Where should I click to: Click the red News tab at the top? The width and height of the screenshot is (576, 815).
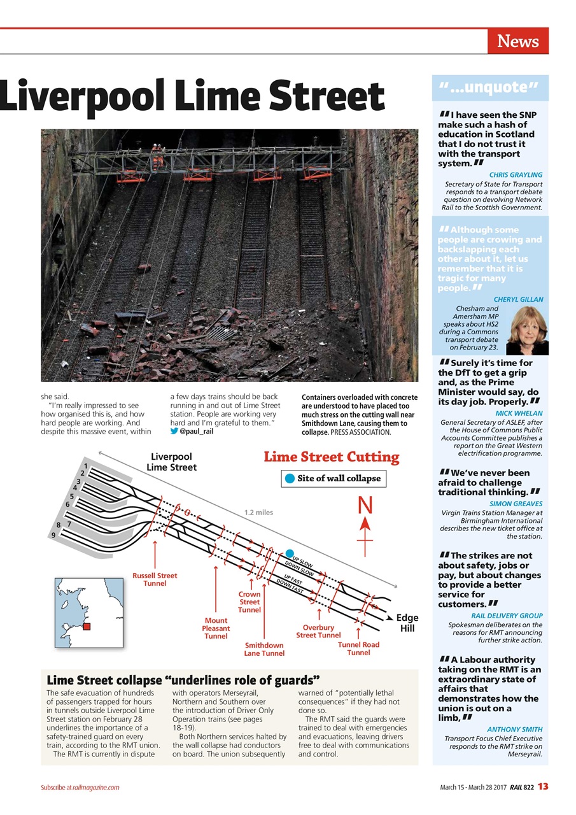[517, 41]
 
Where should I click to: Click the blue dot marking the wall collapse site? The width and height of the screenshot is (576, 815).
[290, 553]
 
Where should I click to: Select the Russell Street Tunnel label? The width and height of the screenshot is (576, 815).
[155, 579]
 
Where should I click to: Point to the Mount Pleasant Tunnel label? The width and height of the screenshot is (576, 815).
[216, 628]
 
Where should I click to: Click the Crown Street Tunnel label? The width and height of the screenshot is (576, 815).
[249, 602]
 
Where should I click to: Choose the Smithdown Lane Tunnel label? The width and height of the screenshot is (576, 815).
[264, 649]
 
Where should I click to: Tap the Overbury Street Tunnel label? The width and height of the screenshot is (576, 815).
[318, 631]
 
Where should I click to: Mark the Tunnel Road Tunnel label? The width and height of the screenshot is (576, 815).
[358, 648]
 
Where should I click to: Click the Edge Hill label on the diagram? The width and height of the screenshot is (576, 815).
[407, 623]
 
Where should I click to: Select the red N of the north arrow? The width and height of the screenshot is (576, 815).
[365, 506]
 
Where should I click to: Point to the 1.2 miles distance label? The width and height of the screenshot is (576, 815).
[258, 512]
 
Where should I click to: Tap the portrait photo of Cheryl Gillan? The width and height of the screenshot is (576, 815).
[527, 330]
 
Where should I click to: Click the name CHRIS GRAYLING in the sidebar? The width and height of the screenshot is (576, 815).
[516, 174]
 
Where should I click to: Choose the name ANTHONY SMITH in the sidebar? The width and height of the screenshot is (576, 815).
[514, 729]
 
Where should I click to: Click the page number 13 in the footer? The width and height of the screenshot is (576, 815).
[542, 786]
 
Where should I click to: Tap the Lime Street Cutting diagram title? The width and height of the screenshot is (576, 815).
[331, 457]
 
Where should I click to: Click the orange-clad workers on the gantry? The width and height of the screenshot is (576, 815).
[156, 150]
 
